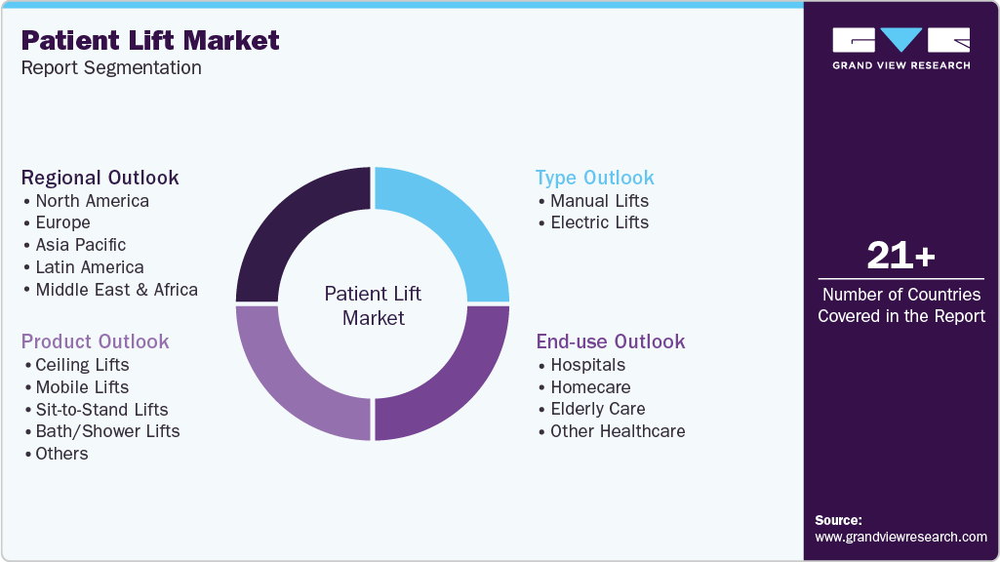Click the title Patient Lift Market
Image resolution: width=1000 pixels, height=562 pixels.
pos(150,40)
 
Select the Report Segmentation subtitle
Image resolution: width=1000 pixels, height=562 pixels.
pos(111,68)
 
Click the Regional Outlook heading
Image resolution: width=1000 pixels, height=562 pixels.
pos(100,178)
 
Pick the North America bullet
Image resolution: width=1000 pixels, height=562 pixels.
pos(92,201)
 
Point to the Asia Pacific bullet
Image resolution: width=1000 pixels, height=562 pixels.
pos(80,245)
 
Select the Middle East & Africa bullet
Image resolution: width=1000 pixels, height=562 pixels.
pos(116,290)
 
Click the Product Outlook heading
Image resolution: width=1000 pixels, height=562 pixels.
pos(96,341)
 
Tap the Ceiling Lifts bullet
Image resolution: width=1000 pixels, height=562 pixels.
pos(82,365)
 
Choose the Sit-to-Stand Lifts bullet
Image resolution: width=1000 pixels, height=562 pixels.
pos(101,410)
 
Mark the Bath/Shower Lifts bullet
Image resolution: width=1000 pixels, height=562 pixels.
pos(107,431)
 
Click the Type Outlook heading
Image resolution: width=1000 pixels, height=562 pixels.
pos(595,178)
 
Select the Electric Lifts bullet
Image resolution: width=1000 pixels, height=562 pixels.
pos(599,222)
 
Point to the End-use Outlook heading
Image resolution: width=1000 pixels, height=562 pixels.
pos(611,341)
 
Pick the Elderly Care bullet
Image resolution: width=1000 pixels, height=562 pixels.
pos(597,409)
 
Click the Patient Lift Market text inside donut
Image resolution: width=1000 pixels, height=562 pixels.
pos(373,305)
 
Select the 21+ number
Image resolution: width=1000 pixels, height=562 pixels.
pos(900,257)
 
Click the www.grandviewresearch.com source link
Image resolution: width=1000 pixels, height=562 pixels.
pos(900,537)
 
